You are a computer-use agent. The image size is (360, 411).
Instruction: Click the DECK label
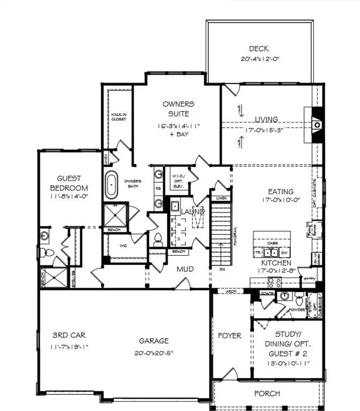[258, 49]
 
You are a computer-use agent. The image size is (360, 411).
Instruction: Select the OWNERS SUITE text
[178, 108]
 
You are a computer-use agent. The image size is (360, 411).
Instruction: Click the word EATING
[281, 192]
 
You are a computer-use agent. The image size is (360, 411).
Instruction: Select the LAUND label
[192, 212]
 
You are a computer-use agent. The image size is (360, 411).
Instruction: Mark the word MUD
[185, 269]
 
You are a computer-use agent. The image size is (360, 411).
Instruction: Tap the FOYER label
[230, 336]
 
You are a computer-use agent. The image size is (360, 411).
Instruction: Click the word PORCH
[267, 394]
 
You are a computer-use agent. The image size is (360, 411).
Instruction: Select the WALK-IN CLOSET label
[118, 117]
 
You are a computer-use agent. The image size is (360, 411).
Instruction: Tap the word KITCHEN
[276, 263]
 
